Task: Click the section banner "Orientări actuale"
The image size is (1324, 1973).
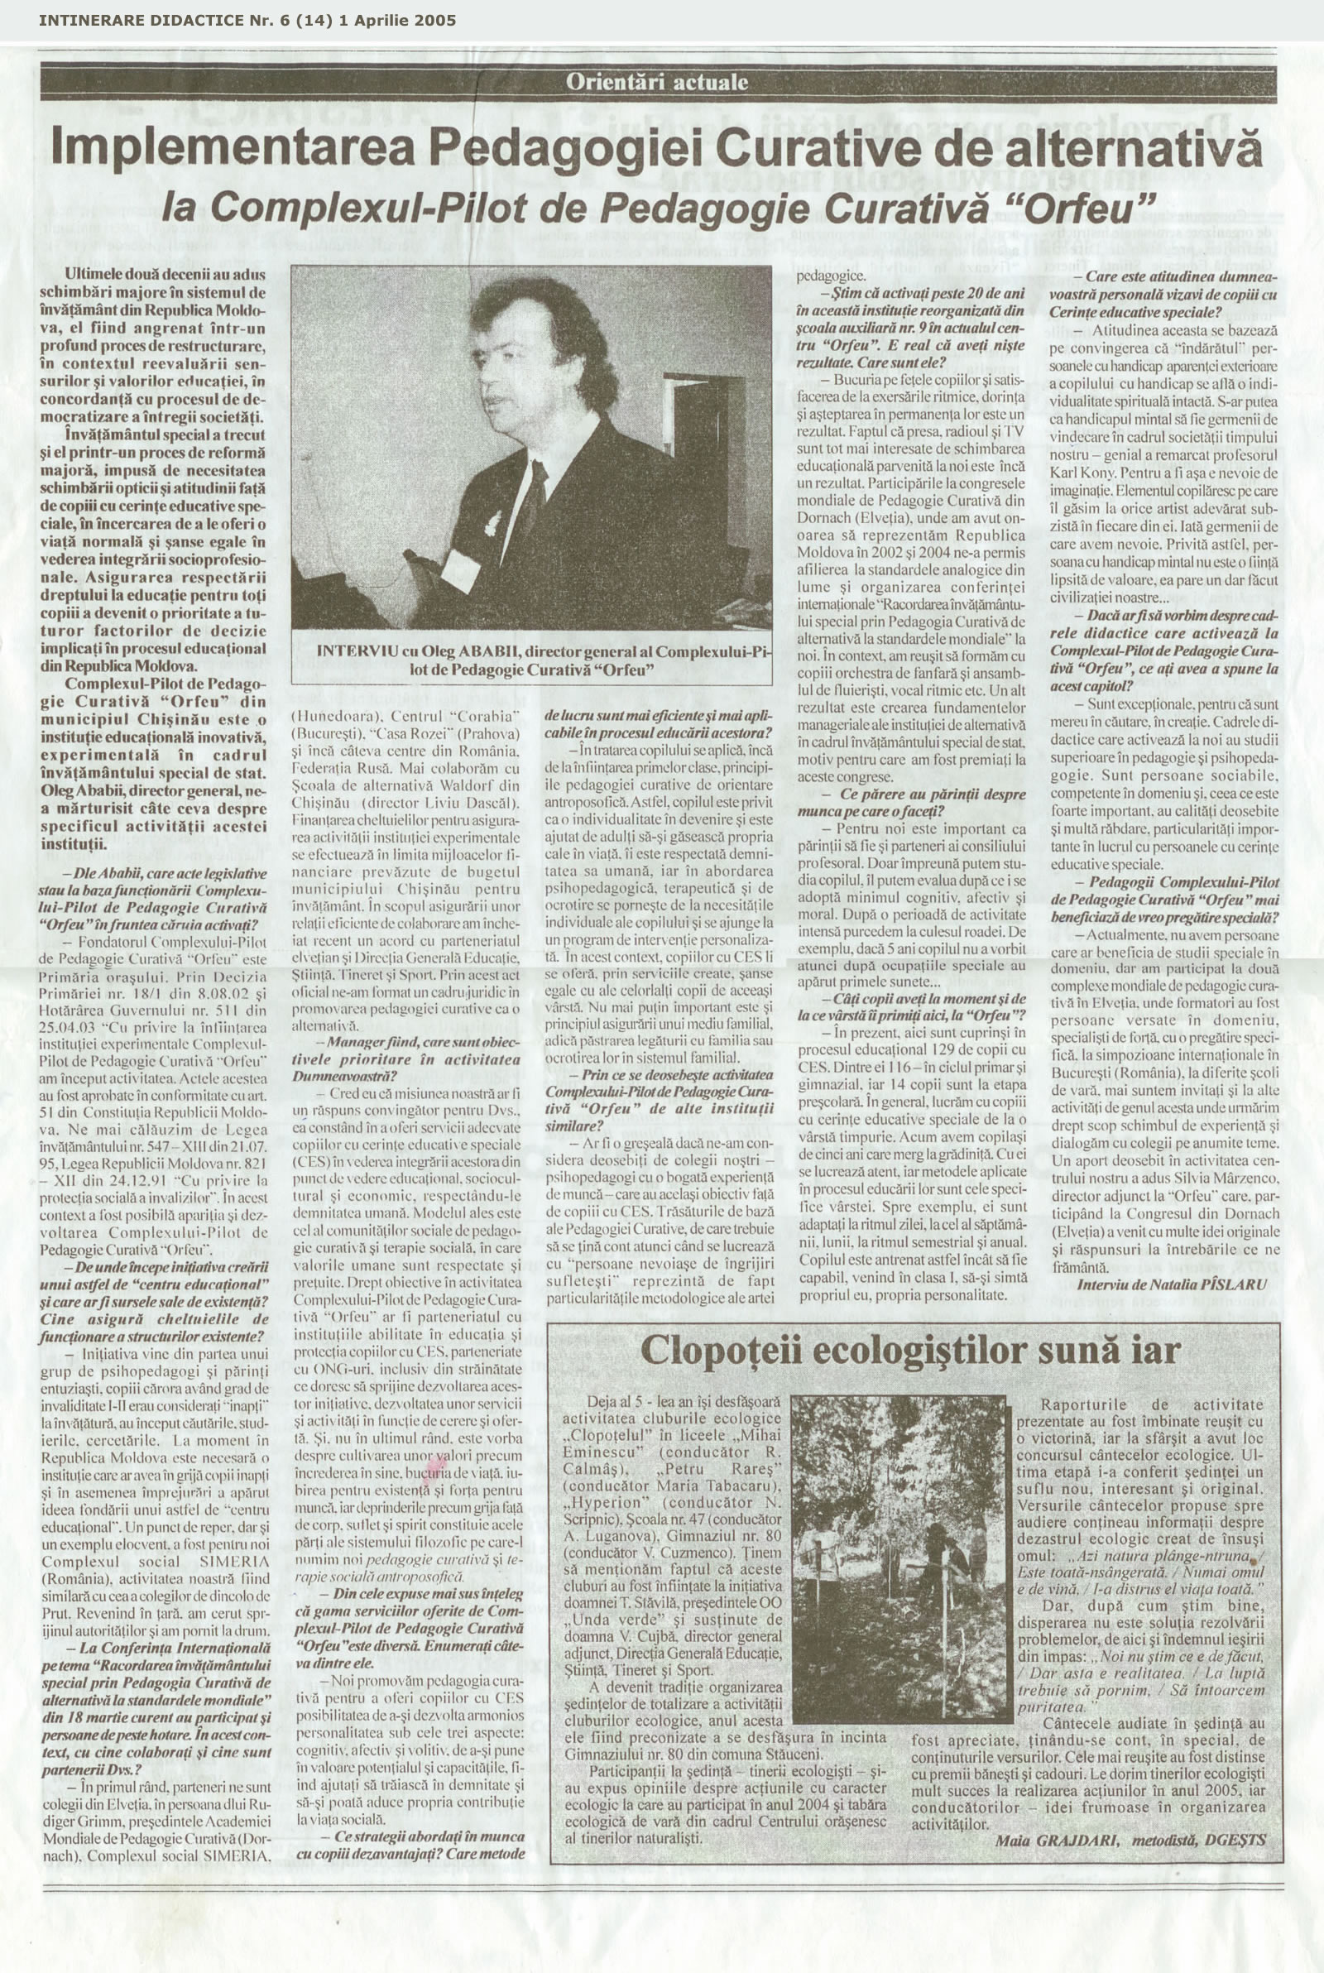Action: pyautogui.click(x=658, y=83)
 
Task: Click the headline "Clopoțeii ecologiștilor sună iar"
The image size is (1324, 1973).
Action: pyautogui.click(x=910, y=1351)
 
